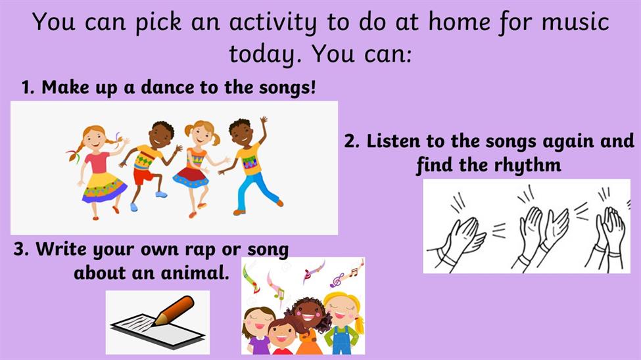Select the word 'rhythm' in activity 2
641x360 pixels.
[x=527, y=166]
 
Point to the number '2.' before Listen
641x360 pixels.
[x=352, y=142]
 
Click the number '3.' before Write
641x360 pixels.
[x=21, y=249]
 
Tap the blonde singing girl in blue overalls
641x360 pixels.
[x=342, y=323]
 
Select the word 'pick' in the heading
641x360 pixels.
[x=158, y=22]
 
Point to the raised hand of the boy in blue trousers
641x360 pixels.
[x=264, y=121]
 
